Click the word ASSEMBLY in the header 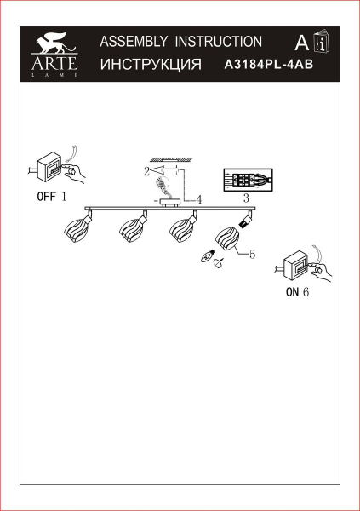(x=134, y=42)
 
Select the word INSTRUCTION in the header (x=219, y=42)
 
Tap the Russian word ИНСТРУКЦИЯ (x=151, y=64)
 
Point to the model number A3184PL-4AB (x=269, y=65)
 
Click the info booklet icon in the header (x=322, y=41)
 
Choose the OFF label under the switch (x=47, y=197)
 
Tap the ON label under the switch (x=292, y=292)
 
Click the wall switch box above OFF (x=49, y=168)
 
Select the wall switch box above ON (x=295, y=265)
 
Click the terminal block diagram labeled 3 (x=248, y=180)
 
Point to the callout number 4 (x=199, y=199)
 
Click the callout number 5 (x=253, y=254)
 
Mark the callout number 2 (x=146, y=171)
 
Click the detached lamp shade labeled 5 (x=227, y=238)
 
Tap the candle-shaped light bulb (x=208, y=255)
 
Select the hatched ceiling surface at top (x=171, y=159)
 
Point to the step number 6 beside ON (x=306, y=292)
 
